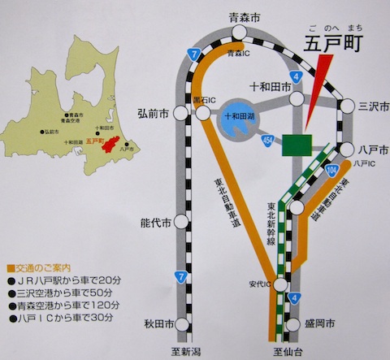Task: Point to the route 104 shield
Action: tap(331, 169)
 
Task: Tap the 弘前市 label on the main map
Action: tap(154, 112)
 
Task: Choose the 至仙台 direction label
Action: tap(286, 351)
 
